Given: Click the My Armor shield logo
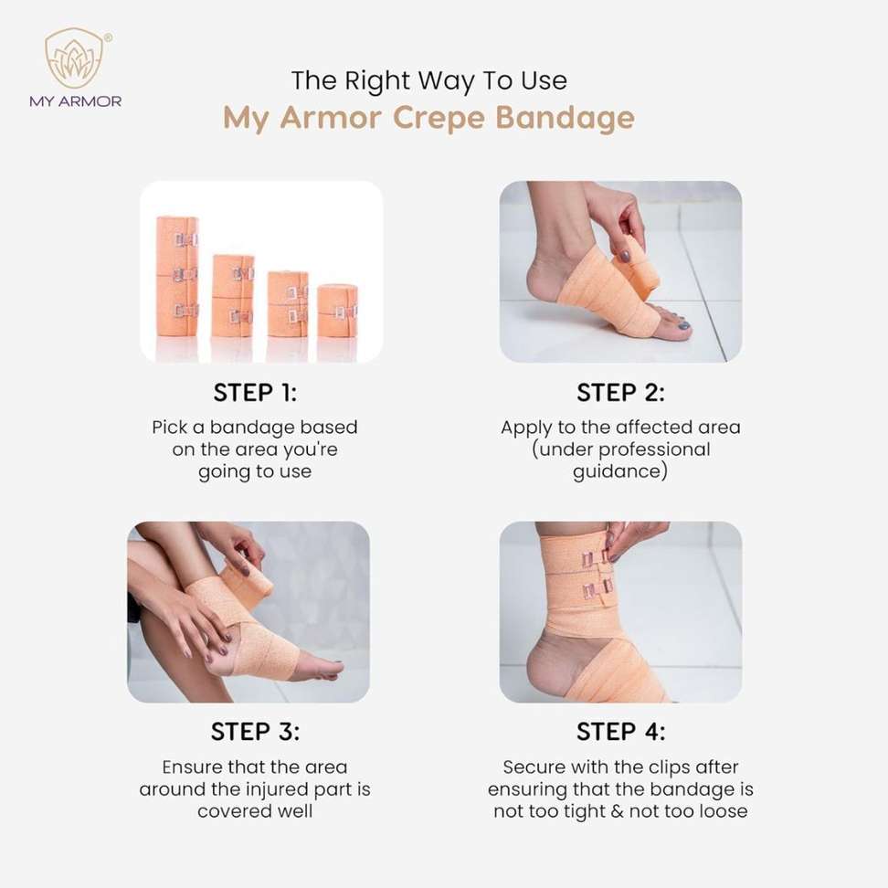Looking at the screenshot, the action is point(75,58).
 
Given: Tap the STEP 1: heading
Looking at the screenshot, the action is point(255,393).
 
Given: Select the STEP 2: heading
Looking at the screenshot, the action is point(620,393).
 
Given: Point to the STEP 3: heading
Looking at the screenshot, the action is point(255,731).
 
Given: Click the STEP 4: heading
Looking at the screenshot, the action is point(620,731).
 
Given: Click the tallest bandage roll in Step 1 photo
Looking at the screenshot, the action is point(177,277).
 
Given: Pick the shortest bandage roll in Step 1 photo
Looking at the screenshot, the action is point(337,311).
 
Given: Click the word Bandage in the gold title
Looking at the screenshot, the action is point(566,118).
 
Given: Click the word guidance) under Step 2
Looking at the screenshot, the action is point(620,471).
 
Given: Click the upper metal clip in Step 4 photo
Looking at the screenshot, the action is point(597,558).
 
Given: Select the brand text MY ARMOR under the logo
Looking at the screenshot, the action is point(75,101).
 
